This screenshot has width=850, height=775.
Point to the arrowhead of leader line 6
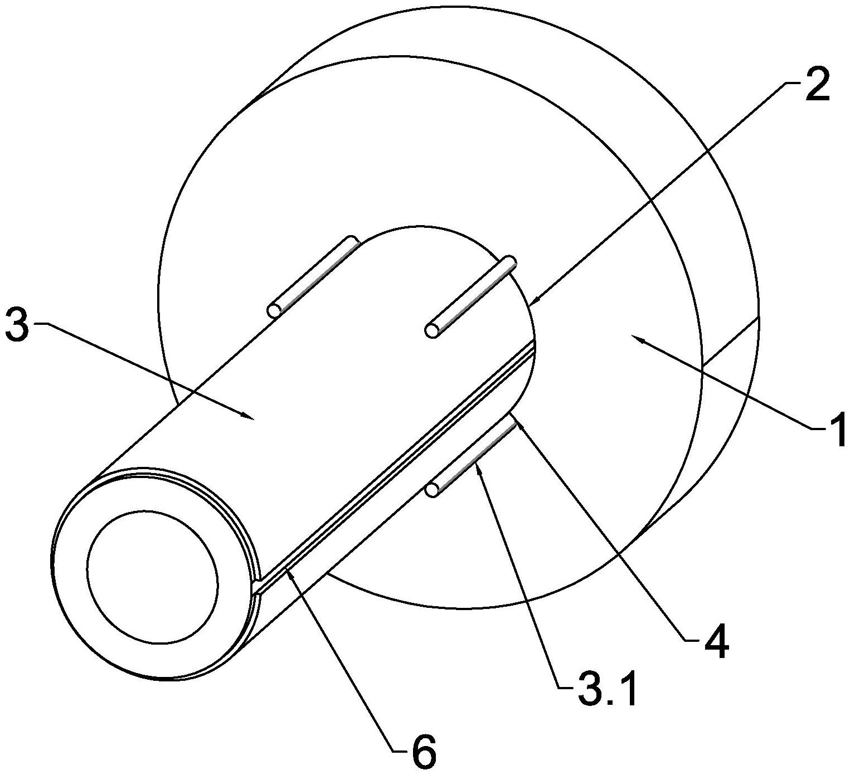[288, 568]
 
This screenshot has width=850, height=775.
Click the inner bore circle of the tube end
[152, 568]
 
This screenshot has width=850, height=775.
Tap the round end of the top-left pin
[275, 310]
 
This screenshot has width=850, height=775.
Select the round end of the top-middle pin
[432, 330]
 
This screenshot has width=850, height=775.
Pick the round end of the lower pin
[432, 490]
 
